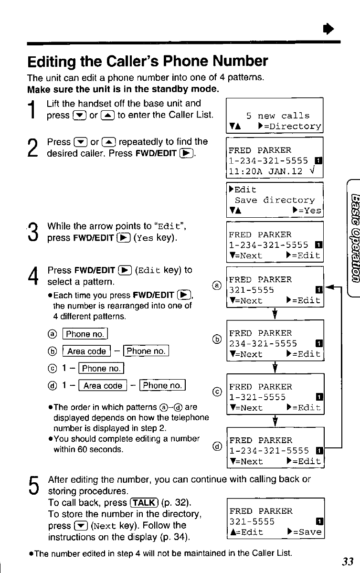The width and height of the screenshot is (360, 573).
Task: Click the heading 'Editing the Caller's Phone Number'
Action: (148, 62)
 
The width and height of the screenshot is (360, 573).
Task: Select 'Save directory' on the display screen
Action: (275, 201)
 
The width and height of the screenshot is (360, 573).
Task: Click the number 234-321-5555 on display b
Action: (263, 343)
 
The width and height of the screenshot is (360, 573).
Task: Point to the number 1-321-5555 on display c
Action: (257, 397)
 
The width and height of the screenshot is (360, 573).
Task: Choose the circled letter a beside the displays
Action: (216, 286)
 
